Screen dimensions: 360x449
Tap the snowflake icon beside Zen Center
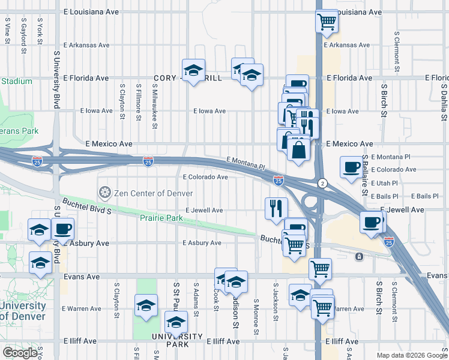tap(104, 193)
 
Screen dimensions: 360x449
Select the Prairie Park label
tap(161, 218)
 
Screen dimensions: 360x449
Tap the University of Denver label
tap(23, 311)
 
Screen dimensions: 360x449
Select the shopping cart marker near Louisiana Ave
tap(327, 22)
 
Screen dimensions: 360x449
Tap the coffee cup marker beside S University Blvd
tap(62, 229)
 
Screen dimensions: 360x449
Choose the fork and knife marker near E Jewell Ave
tap(276, 208)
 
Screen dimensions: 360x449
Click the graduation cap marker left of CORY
tap(194, 71)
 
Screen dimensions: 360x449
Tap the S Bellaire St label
tap(364, 174)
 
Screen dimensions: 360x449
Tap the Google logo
tap(20, 353)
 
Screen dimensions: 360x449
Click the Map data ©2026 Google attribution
tap(411, 355)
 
